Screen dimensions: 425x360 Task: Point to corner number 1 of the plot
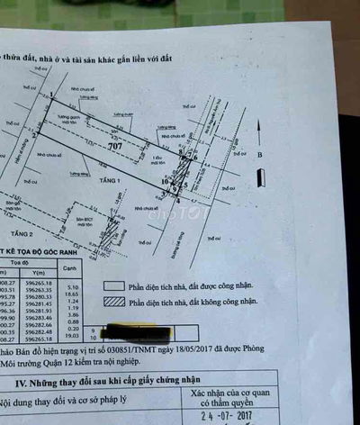click(x=52, y=95)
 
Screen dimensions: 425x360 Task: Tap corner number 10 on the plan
click(x=165, y=183)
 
